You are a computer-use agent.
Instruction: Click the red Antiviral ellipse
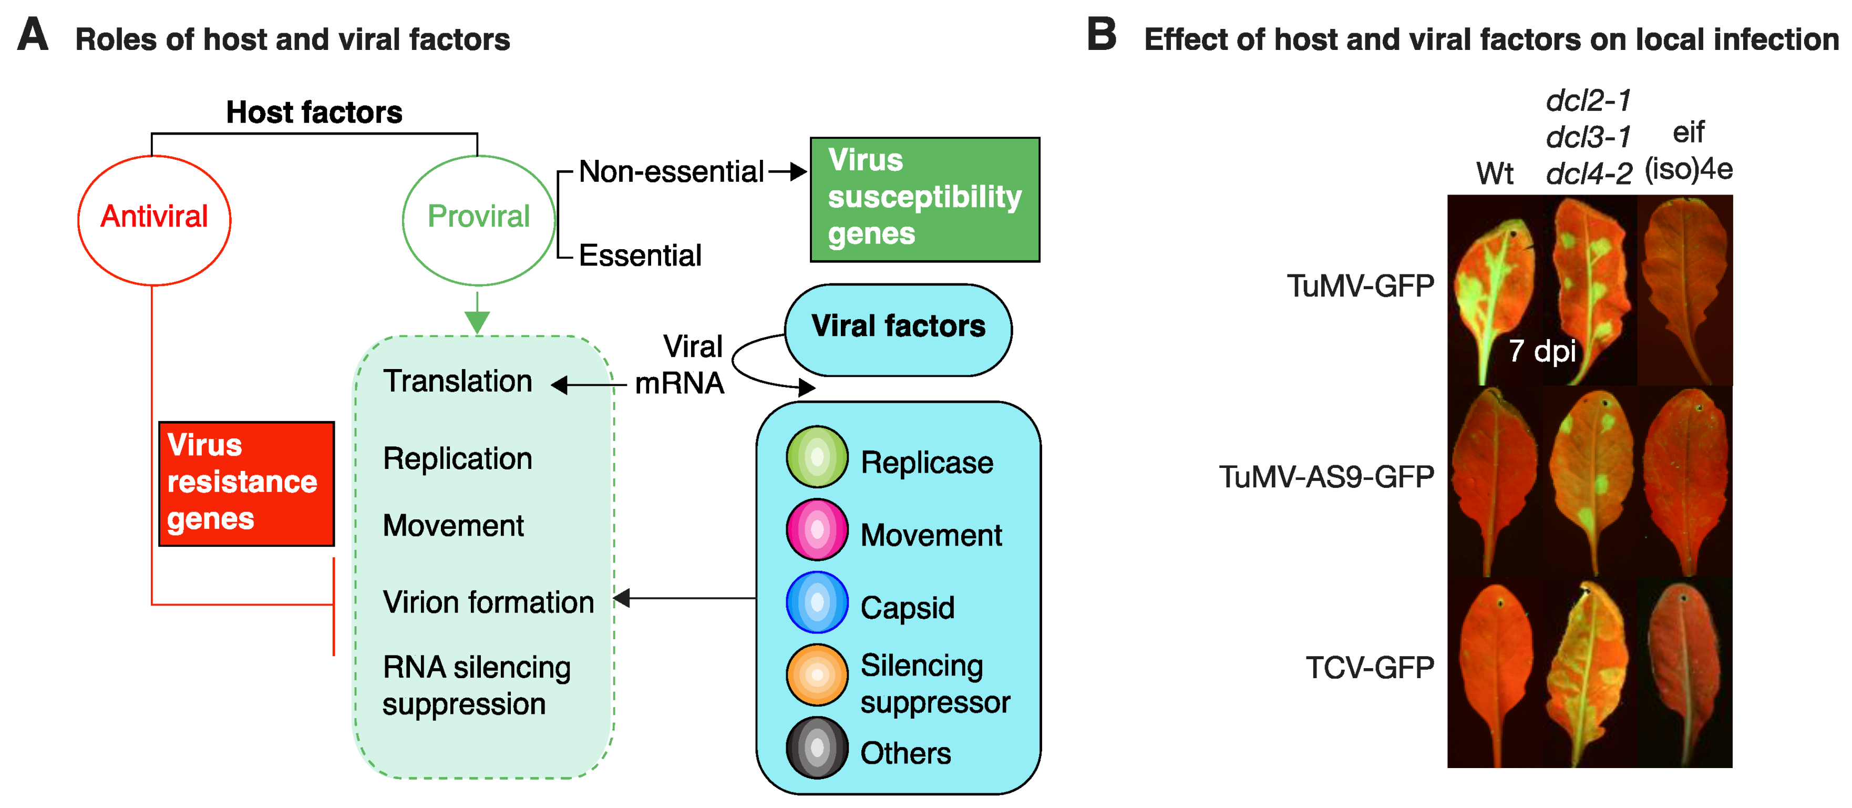pos(154,219)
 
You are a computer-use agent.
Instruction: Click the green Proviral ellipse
pos(478,219)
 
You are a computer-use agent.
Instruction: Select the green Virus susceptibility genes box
pos(924,199)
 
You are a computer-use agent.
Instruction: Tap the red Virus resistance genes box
pos(246,483)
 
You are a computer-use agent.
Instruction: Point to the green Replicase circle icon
pos(817,456)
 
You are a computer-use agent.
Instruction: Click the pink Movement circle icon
pos(817,530)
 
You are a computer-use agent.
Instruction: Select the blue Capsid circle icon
pos(817,602)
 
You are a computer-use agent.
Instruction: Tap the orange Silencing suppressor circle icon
pos(817,674)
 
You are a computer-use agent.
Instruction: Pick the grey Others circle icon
pos(817,748)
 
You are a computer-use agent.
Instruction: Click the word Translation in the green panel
pos(457,381)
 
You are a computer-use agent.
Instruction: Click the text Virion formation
pos(488,602)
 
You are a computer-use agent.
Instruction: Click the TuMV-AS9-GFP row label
pos(1326,477)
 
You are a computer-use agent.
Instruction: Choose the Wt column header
pos(1494,173)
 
